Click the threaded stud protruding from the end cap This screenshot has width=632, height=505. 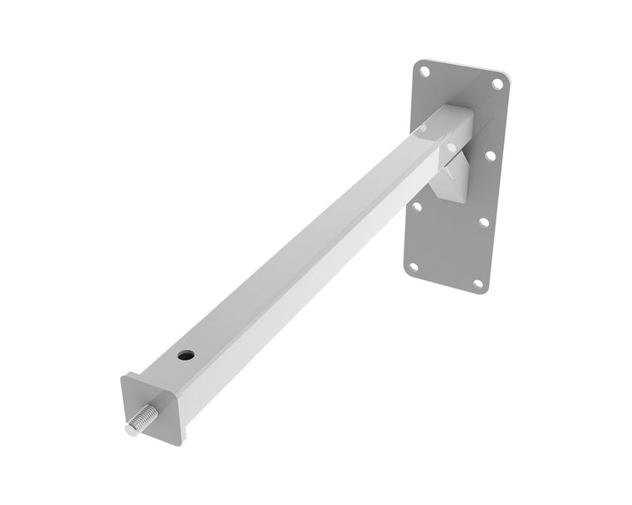pos(142,418)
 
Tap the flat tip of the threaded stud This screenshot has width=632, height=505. pos(130,429)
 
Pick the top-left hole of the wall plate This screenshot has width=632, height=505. pos(426,72)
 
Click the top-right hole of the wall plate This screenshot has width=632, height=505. pos(498,83)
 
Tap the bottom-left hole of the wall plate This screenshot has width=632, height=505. pos(413,267)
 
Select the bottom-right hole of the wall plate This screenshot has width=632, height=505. pos(478,283)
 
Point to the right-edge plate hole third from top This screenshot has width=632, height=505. pos(484,222)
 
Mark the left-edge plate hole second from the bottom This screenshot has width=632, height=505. pos(416,205)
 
